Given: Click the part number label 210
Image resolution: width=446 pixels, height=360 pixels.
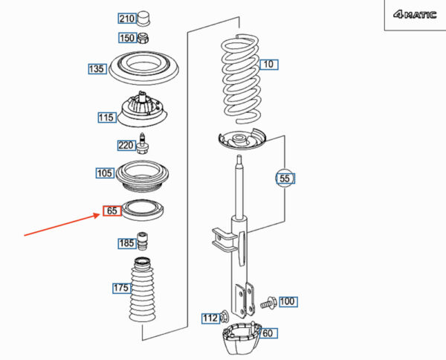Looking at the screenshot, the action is click(126, 19).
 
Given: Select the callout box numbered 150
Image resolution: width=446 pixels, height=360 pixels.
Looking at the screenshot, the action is click(127, 38).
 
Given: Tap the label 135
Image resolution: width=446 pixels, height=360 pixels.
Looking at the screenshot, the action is click(97, 69).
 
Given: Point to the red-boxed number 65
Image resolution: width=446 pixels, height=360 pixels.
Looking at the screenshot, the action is click(111, 210).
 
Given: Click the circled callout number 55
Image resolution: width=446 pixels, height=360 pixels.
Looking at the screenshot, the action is click(285, 179).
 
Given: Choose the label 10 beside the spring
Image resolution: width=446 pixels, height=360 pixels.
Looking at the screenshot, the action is click(269, 65).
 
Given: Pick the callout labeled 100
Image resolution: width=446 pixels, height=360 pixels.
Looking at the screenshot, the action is click(288, 301).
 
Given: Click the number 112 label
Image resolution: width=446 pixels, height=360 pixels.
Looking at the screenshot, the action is click(210, 318).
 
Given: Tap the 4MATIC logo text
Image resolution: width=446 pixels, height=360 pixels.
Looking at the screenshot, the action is click(415, 15).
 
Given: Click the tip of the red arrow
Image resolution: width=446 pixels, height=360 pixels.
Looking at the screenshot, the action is click(100, 214).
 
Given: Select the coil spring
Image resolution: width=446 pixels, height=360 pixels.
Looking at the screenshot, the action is click(241, 79).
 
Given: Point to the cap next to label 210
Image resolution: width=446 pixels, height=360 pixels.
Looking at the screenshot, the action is click(143, 19).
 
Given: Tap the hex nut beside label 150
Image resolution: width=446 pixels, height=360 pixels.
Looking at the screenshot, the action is click(143, 38).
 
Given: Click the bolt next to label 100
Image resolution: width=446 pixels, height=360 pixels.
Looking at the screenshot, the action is click(268, 303).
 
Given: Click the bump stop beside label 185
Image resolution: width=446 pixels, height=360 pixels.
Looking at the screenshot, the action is click(143, 241).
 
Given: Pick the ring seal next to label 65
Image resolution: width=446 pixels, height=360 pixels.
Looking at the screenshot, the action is click(143, 210).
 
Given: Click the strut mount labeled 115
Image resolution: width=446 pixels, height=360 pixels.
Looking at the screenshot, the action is click(143, 109).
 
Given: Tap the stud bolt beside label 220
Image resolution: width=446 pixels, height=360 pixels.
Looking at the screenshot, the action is click(143, 144).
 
